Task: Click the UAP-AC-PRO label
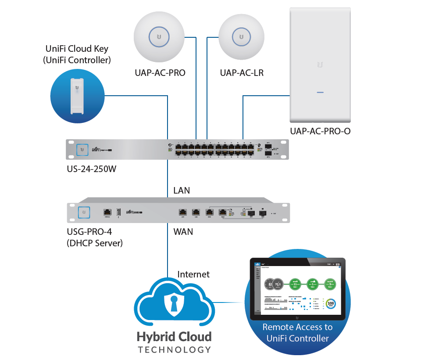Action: pyautogui.click(x=160, y=72)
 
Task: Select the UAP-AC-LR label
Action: pyautogui.click(x=242, y=72)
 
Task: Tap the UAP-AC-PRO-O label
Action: pyautogui.click(x=320, y=131)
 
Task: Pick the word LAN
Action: pyautogui.click(x=182, y=191)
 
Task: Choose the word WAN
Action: pyautogui.click(x=183, y=231)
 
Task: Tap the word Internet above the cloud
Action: pyautogui.click(x=193, y=274)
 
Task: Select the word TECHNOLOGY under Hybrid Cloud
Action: pyautogui.click(x=174, y=350)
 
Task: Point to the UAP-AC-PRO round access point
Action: pyautogui.click(x=160, y=36)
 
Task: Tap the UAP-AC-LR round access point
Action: pyautogui.click(x=241, y=36)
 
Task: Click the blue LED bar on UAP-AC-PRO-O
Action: pyautogui.click(x=320, y=93)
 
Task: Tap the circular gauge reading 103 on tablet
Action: pyautogui.click(x=331, y=303)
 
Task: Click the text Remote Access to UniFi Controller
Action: pyautogui.click(x=297, y=333)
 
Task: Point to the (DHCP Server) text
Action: pyautogui.click(x=95, y=242)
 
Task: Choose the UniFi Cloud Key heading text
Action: pyautogui.click(x=77, y=54)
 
